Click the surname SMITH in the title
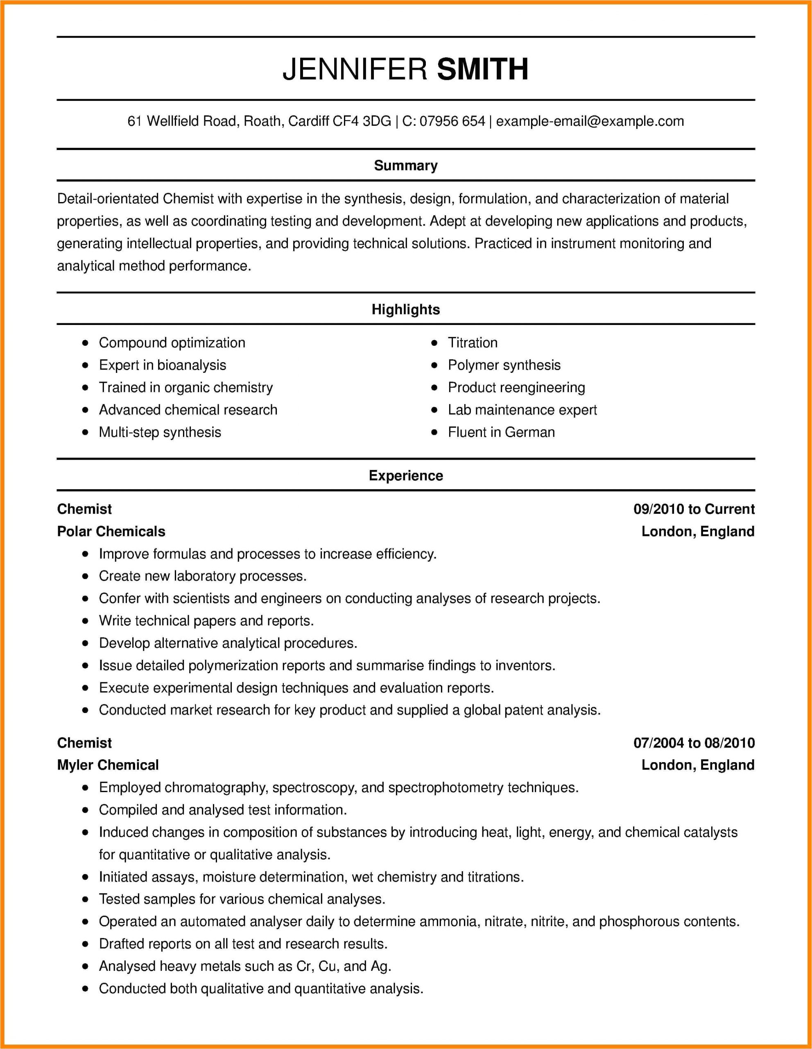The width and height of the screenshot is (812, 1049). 482,69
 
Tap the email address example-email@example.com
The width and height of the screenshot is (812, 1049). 590,121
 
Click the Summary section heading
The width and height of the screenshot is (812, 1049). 405,165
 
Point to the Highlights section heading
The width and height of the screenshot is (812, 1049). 405,309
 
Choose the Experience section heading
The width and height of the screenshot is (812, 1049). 405,475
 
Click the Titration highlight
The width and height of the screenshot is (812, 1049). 472,343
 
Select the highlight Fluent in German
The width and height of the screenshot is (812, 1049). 501,432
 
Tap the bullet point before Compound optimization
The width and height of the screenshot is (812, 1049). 86,343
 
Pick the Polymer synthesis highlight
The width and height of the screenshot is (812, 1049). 504,365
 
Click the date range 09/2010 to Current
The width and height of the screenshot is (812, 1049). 694,509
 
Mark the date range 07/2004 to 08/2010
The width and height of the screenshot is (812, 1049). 694,743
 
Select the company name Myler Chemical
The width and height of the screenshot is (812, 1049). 108,765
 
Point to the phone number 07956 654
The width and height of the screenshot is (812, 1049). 452,121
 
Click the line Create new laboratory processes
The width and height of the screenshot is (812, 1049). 203,576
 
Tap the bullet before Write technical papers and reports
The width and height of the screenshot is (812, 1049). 86,621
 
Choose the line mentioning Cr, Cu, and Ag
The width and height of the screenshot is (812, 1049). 245,966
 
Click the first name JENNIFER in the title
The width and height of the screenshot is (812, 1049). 355,69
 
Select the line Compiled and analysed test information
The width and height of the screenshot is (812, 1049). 223,810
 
